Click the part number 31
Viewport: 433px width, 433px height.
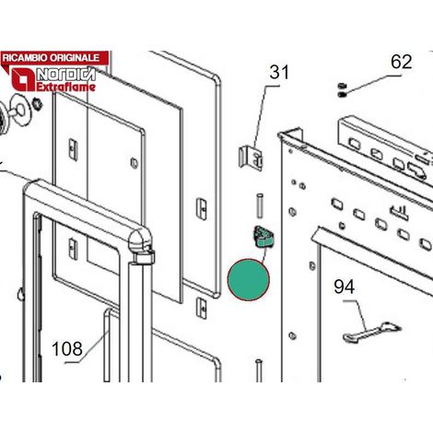click(x=279, y=73)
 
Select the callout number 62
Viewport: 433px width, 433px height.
click(x=401, y=62)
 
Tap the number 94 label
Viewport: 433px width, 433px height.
click(x=345, y=287)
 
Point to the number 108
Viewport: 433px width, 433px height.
click(x=67, y=349)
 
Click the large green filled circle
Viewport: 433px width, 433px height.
click(x=249, y=279)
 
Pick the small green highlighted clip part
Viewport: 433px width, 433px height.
click(x=263, y=236)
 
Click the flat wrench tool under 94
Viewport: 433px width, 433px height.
click(x=372, y=332)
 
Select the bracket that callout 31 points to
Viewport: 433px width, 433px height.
click(x=251, y=158)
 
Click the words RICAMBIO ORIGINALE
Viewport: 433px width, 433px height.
click(x=51, y=58)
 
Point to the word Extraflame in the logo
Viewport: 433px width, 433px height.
click(x=66, y=87)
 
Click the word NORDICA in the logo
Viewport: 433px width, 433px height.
click(x=66, y=75)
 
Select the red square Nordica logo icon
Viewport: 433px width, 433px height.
click(x=23, y=80)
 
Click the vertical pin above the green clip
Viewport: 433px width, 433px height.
click(x=260, y=205)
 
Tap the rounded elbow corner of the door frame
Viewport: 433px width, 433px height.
click(x=142, y=240)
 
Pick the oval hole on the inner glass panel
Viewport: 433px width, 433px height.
click(x=135, y=163)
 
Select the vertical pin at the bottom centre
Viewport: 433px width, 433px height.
click(x=259, y=370)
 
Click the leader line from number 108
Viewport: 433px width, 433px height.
click(x=87, y=347)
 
